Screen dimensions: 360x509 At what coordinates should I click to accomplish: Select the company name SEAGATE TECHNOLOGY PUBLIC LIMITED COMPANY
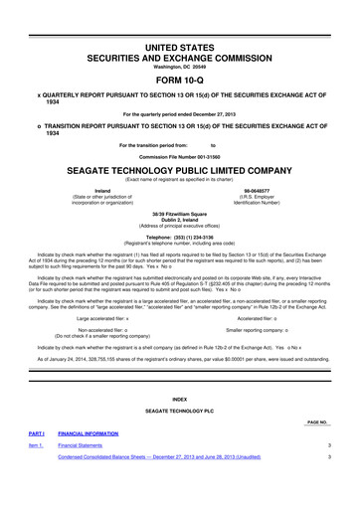click(x=180, y=169)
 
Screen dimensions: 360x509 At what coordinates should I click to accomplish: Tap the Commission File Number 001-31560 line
click(x=180, y=155)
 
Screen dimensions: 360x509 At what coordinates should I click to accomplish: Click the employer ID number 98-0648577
click(x=257, y=190)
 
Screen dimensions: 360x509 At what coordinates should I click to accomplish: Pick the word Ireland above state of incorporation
click(x=101, y=190)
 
